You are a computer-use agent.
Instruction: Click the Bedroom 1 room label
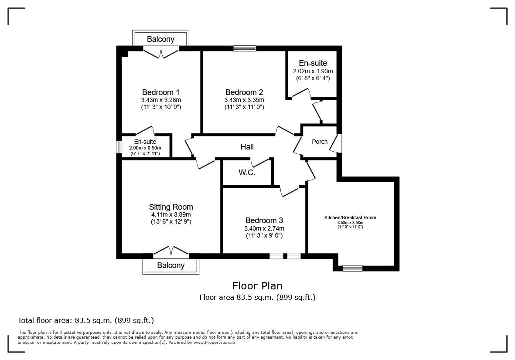coord(160,92)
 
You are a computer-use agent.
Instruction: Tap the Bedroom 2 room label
coord(244,92)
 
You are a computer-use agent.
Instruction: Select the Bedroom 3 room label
coord(264,221)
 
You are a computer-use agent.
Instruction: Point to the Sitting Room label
coord(171,207)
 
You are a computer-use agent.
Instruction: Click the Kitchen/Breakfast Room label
coord(350,217)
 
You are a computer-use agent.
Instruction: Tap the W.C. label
coord(246,173)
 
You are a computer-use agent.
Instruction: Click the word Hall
coord(247,147)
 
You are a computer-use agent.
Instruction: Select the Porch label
coord(319,142)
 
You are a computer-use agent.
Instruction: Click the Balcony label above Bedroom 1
coord(160,39)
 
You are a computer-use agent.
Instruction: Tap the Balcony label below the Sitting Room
coord(171,265)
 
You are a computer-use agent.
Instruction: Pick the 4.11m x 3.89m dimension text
coord(171,214)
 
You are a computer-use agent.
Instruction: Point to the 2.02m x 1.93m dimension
coord(313,71)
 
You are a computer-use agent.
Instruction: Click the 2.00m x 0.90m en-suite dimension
coord(145,148)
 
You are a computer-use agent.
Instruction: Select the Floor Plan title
coord(257,286)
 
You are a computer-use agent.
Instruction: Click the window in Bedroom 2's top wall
coord(244,48)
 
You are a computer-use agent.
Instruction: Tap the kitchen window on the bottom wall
coord(352,268)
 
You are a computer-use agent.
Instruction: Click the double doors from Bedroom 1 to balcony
coord(161,53)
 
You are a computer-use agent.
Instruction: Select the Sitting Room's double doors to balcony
coord(171,251)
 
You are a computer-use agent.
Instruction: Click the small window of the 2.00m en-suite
coord(118,147)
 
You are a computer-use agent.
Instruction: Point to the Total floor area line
coord(85,320)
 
